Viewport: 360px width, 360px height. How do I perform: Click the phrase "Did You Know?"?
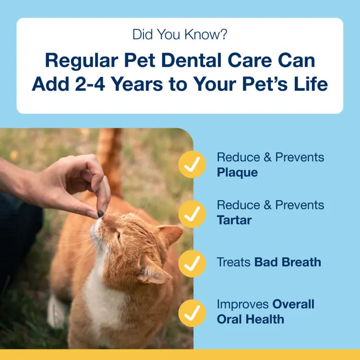point(180,35)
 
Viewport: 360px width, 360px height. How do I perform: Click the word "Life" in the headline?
point(306,84)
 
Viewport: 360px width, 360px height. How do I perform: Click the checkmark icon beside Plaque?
point(192,165)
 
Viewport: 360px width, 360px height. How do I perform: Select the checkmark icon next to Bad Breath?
point(192,263)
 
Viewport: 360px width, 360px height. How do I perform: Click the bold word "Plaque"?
point(237,172)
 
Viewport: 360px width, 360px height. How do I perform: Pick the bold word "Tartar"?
point(234,220)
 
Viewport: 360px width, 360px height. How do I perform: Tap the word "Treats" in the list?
point(234,262)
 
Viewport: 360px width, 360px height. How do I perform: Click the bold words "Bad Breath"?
point(288,262)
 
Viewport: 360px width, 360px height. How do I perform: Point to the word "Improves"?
point(243,304)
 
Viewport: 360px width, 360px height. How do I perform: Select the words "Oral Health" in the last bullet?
point(250,319)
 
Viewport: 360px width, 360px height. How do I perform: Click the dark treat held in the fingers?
point(101,213)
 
